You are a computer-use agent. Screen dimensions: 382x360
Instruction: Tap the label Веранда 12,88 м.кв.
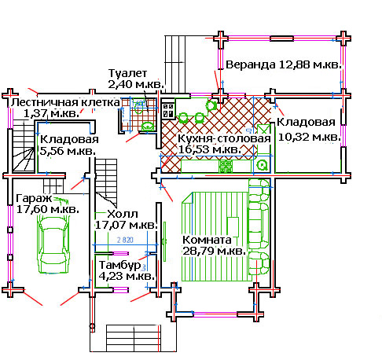(x=284, y=64)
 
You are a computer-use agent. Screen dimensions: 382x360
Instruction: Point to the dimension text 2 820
(x=125, y=240)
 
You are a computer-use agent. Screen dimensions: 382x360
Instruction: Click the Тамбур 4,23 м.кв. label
(x=127, y=270)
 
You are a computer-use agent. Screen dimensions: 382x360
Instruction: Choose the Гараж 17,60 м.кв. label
(x=47, y=204)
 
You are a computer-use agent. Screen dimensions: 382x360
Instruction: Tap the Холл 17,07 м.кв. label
(x=126, y=219)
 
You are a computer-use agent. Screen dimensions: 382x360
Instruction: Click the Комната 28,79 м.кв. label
(x=214, y=245)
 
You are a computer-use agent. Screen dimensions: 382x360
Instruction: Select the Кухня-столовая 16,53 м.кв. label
(x=224, y=144)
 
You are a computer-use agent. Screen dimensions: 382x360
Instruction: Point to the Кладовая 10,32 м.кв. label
(x=309, y=130)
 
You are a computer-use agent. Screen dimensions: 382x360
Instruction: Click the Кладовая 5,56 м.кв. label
(x=69, y=145)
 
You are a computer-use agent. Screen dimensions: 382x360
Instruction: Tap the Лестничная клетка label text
(x=65, y=102)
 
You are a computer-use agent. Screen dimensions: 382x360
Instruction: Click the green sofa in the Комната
(x=259, y=226)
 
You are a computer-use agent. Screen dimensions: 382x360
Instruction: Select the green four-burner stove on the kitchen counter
(x=226, y=167)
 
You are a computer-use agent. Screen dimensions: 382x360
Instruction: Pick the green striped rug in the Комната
(x=215, y=237)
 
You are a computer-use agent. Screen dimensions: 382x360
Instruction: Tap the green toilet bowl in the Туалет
(x=148, y=127)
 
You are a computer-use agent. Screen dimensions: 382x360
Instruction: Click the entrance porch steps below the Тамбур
(x=134, y=338)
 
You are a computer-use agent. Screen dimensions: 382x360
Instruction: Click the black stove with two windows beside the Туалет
(x=168, y=110)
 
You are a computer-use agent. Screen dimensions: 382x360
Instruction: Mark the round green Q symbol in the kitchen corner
(x=262, y=165)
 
